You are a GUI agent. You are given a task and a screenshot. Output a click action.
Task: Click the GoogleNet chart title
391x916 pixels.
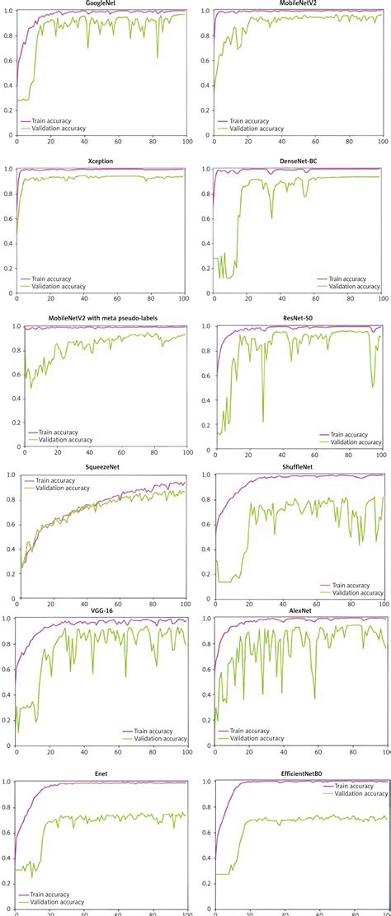click(x=100, y=3)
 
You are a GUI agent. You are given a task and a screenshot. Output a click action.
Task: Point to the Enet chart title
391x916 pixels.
click(x=101, y=775)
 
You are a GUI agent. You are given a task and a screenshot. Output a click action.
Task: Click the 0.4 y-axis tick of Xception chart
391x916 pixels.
click(x=8, y=244)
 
